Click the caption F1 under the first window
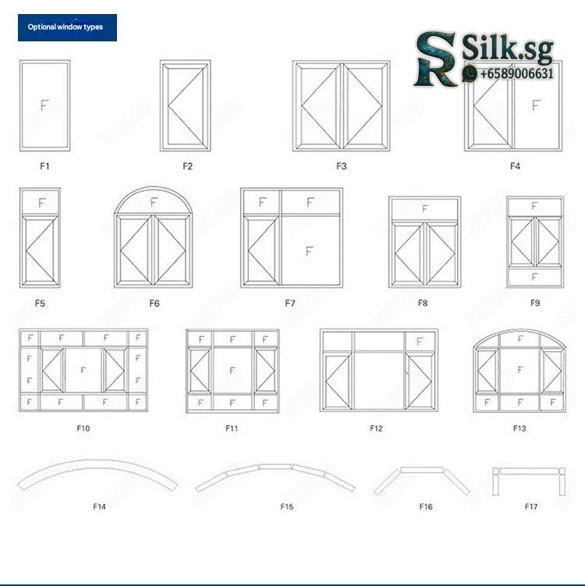pos(44,166)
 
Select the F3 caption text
pos(342,166)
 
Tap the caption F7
pos(290,303)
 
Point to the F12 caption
pos(376,428)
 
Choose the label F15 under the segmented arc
pos(286,506)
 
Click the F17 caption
pos(531,506)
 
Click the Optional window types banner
pos(67,27)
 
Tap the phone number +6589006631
pos(516,73)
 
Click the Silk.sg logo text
pos(507,48)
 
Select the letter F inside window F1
pos(44,105)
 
